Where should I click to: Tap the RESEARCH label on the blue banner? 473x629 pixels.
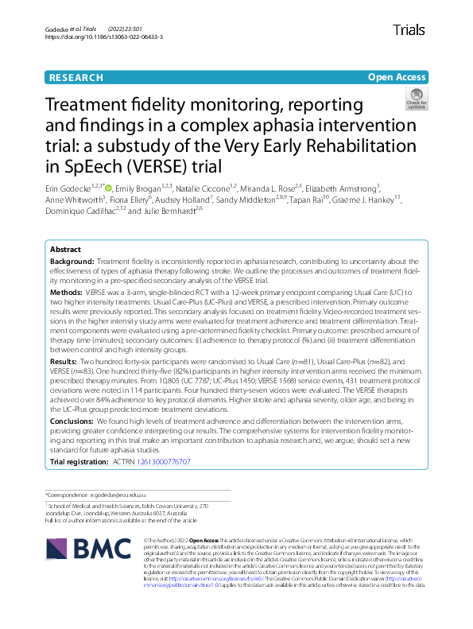(76, 77)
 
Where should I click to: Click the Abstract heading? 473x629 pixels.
(65, 248)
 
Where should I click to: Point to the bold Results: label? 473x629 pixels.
(65, 361)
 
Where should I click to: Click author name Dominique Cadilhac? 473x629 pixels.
(83, 212)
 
